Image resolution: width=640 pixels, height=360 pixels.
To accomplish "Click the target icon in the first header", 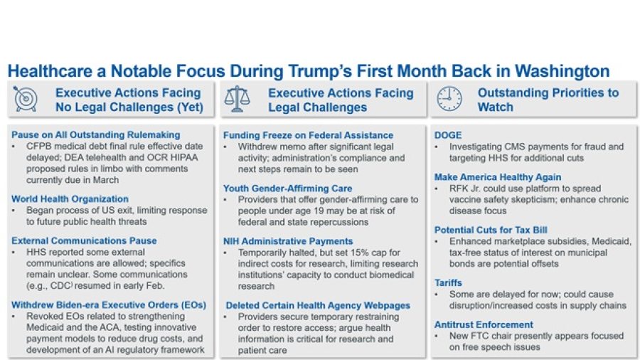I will point(26,100).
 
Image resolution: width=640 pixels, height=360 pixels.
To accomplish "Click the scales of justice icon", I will point(237,100).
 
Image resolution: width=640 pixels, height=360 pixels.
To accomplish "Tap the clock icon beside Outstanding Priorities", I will point(449,100).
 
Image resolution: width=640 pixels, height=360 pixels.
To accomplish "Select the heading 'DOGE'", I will point(448,135).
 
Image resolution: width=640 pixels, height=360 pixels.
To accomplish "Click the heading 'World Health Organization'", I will point(70,199).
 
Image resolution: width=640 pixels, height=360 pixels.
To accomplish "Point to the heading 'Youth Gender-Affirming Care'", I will point(287,189).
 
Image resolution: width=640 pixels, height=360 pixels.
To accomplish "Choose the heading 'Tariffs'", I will point(448,282).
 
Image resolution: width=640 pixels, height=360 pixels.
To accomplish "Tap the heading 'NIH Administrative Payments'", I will point(288,241).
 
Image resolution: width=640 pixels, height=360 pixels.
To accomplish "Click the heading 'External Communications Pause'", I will point(84,240).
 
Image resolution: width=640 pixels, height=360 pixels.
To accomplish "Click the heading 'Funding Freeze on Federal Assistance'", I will point(308,135).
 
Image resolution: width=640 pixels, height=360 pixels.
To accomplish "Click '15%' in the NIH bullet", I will point(363,253).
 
